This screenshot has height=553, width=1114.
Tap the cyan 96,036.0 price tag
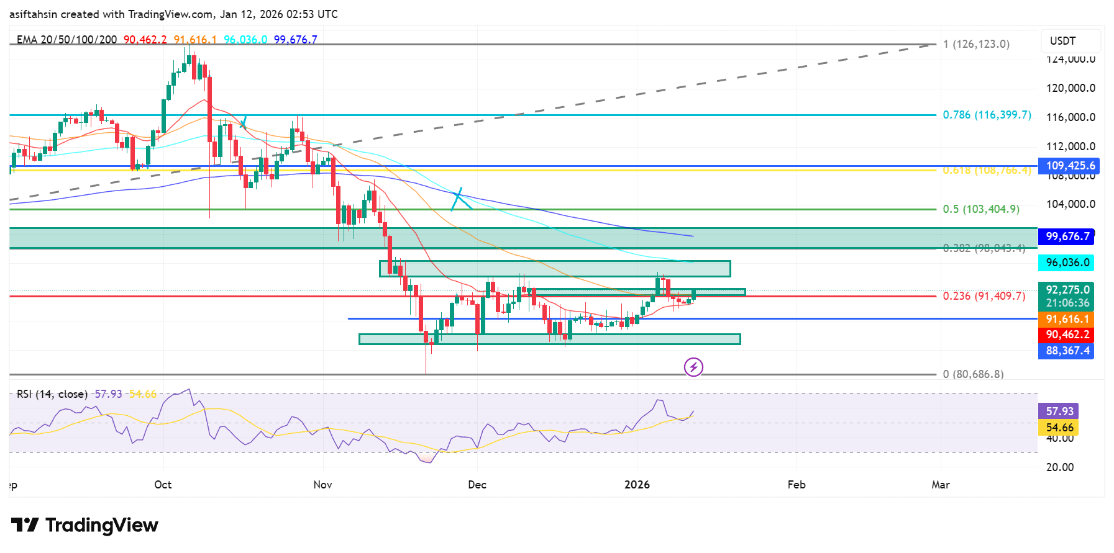coord(1066,263)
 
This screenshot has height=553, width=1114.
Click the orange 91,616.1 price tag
coord(1066,319)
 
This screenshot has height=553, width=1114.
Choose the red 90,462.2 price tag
coord(1066,335)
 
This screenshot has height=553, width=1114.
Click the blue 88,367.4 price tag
coord(1066,351)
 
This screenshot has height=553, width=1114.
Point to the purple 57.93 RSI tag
coord(1059,411)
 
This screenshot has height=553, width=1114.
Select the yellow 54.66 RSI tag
coord(1059,428)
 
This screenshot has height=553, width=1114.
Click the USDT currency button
coord(1070,41)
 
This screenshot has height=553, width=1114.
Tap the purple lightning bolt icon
coord(693,367)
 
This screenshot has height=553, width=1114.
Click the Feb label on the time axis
coord(796,485)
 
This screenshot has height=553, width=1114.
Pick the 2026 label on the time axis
coord(637,485)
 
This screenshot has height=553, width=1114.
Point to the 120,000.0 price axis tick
coord(1071,88)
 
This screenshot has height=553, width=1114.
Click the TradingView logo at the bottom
coord(84,525)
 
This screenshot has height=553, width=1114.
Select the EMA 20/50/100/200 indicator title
coord(66,40)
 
